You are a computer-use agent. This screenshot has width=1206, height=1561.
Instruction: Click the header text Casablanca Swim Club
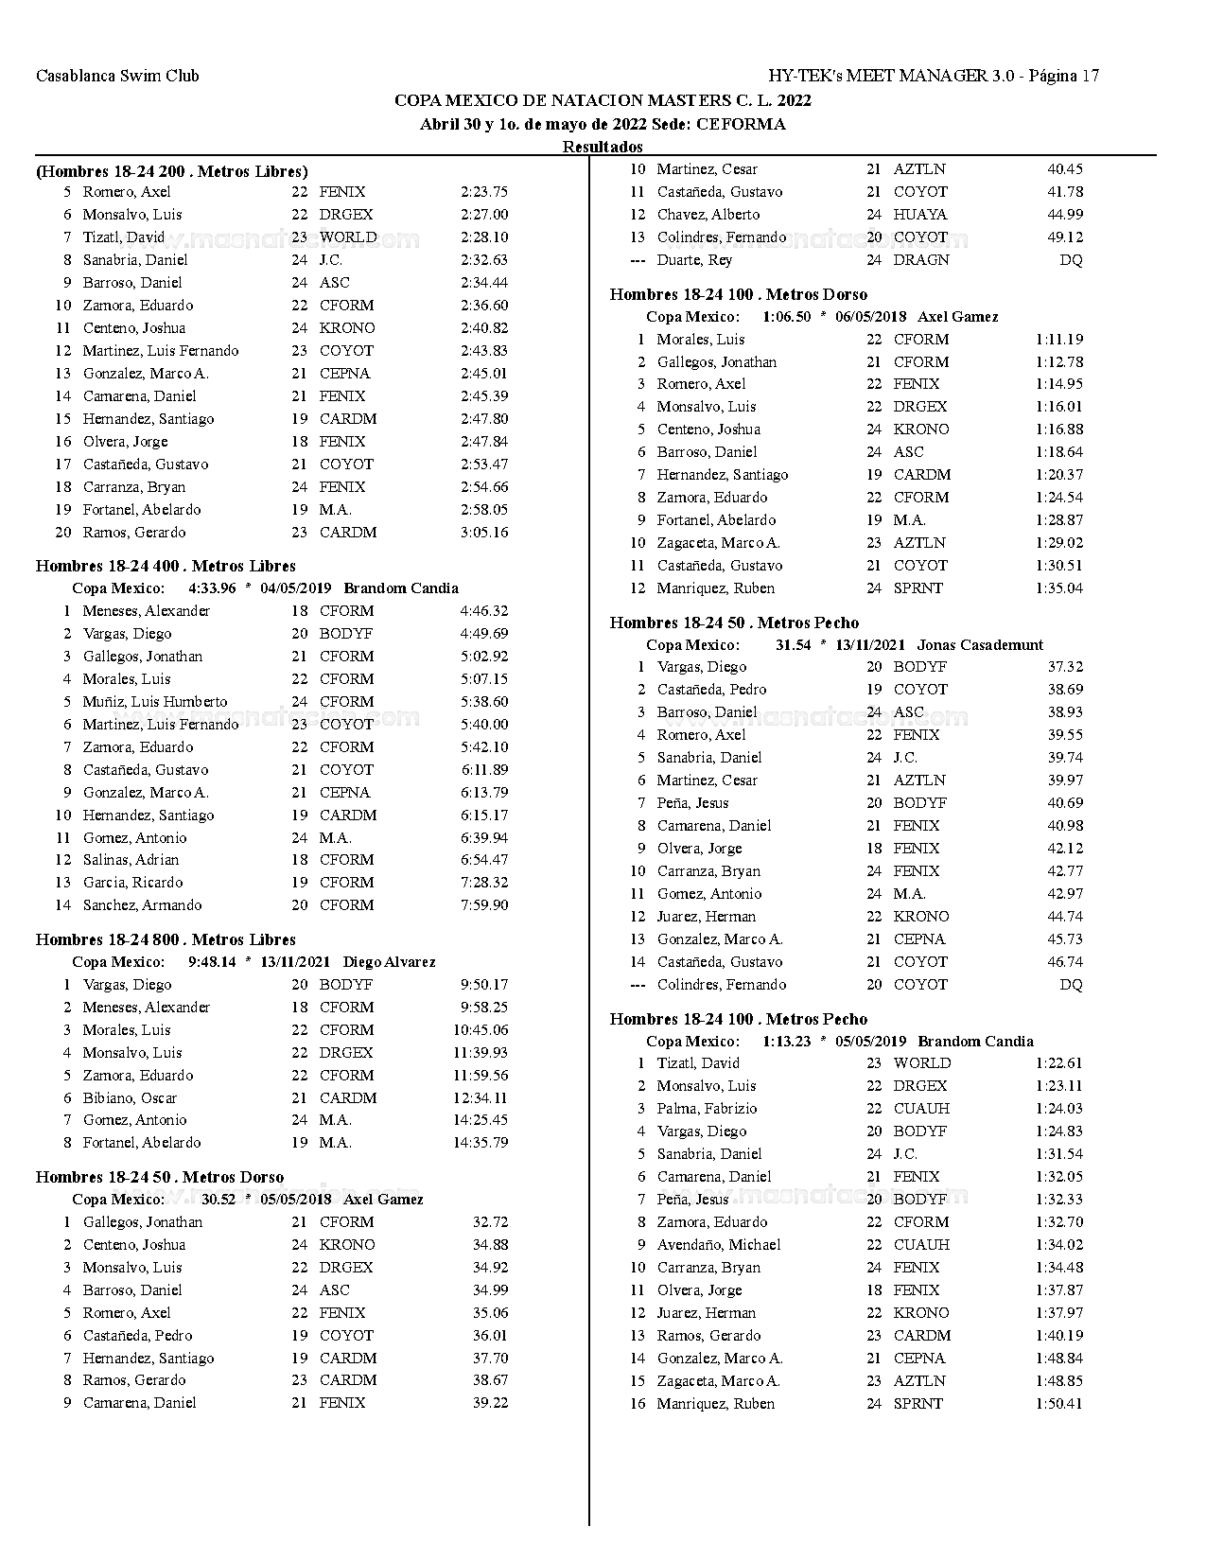(117, 76)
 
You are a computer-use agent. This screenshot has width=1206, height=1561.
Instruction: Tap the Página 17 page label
(1063, 76)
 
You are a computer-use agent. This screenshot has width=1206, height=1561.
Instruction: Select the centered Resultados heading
(603, 147)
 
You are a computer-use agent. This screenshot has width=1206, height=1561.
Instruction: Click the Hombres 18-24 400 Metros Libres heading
(166, 566)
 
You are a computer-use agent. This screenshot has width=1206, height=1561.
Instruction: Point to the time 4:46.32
(483, 611)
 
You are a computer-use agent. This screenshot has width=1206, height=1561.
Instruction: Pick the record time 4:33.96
(212, 588)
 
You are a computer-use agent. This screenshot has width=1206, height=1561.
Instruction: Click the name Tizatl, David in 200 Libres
(124, 237)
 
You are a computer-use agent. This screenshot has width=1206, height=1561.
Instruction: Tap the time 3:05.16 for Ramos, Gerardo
(483, 533)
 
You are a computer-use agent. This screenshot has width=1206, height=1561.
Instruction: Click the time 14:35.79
(480, 1143)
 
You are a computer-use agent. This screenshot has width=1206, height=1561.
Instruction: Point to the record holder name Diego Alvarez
(389, 962)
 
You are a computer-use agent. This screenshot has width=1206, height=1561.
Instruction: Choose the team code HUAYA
(919, 215)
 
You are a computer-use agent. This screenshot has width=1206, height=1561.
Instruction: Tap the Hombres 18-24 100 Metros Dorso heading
(738, 294)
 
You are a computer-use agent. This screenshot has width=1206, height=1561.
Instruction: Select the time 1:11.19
(1058, 340)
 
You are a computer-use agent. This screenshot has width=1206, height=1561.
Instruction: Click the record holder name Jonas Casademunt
(980, 645)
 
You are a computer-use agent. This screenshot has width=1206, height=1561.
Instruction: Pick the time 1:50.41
(1058, 1404)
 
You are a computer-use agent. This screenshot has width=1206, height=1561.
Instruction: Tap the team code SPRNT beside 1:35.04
(918, 588)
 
